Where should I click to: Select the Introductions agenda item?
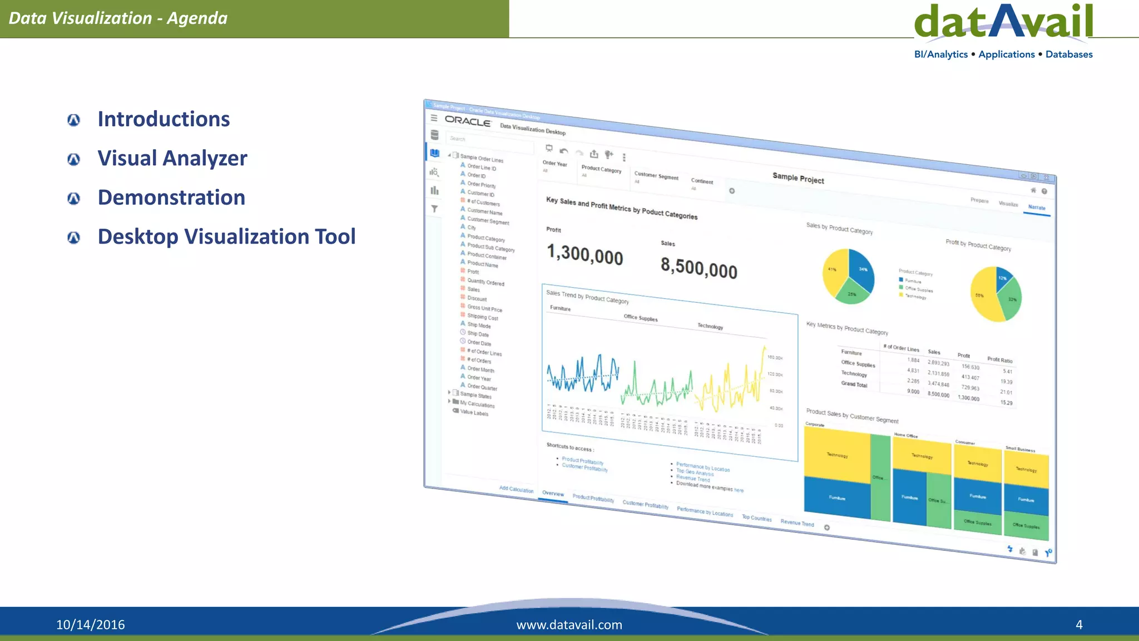click(164, 119)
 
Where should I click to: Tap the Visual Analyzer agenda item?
click(172, 159)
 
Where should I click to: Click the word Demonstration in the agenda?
click(171, 198)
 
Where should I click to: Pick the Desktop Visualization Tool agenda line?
click(226, 237)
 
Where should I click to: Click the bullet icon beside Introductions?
click(73, 120)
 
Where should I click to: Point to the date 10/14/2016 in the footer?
click(90, 624)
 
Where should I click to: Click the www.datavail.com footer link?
click(569, 624)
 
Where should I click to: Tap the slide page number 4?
click(1079, 624)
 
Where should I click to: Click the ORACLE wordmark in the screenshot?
click(468, 121)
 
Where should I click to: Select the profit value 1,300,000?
click(585, 255)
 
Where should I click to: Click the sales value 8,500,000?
click(699, 268)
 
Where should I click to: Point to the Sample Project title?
click(798, 177)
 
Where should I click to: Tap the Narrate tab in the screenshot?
click(1037, 208)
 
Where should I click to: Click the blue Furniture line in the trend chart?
click(581, 374)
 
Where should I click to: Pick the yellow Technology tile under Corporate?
click(837, 455)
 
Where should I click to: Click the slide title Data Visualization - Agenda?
click(118, 18)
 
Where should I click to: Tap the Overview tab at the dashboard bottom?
click(553, 494)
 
